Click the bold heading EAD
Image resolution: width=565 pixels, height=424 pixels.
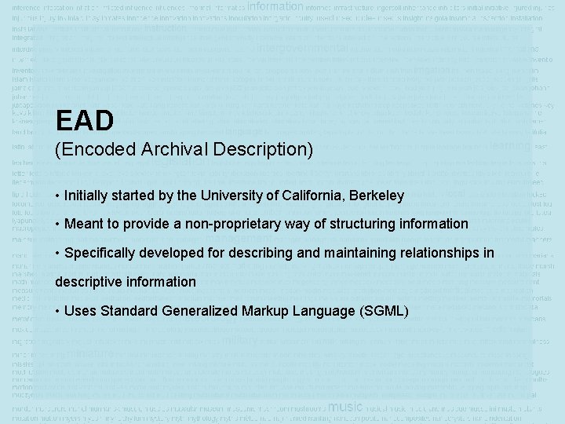coord(85,121)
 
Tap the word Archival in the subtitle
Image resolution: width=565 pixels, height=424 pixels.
coord(168,148)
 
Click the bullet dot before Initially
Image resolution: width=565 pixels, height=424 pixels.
coord(58,196)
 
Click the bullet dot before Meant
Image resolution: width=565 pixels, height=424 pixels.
coord(58,225)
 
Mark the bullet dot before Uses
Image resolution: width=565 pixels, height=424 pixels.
coord(58,311)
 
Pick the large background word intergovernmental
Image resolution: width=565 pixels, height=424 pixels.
coord(302,47)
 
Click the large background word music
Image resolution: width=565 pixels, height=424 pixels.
coord(345,407)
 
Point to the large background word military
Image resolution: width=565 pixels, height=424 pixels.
coord(241,342)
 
